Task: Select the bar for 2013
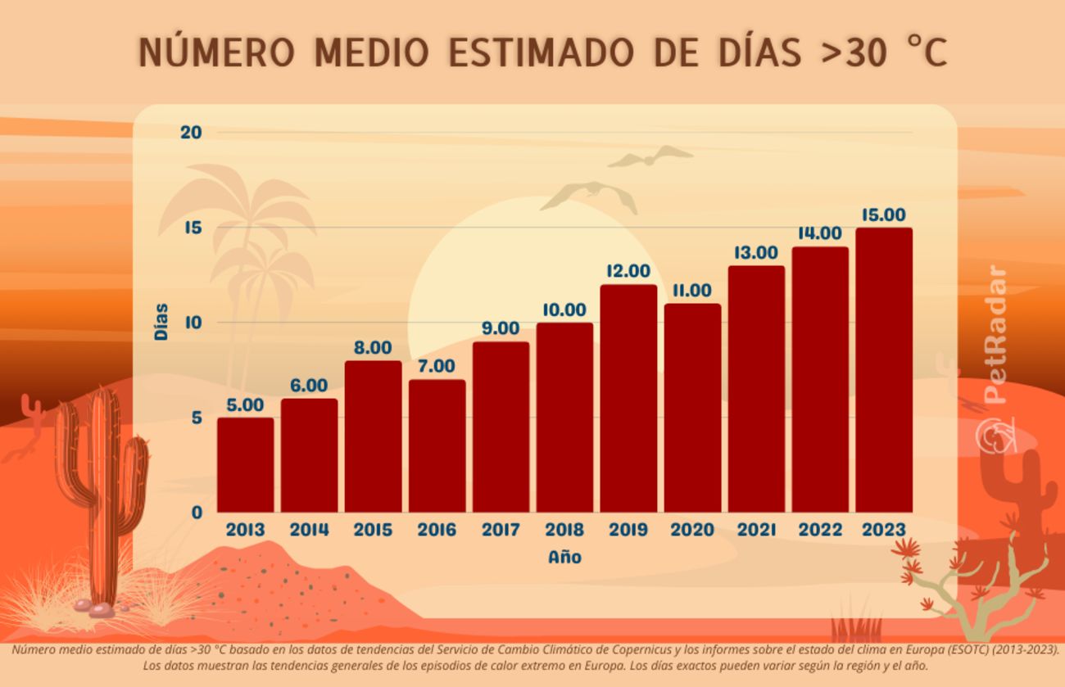click(245, 465)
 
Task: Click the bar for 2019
click(628, 399)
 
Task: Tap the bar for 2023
click(884, 370)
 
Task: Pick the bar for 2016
click(437, 446)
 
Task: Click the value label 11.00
click(692, 291)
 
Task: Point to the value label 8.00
click(373, 348)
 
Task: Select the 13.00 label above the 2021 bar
click(756, 253)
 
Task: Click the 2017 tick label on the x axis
click(501, 530)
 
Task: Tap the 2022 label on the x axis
click(820, 530)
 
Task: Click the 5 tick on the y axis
click(197, 418)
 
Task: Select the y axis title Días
click(161, 322)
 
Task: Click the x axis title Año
click(564, 557)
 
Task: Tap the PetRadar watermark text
click(995, 336)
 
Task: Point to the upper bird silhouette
click(651, 156)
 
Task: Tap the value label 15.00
click(884, 215)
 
